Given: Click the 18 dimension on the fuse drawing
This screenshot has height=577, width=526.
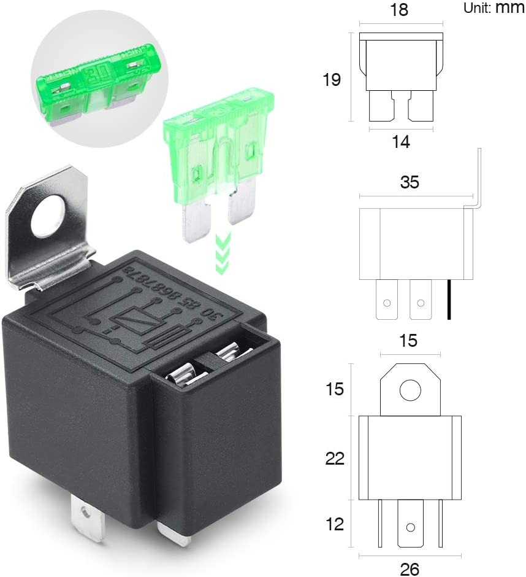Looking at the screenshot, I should click(400, 10).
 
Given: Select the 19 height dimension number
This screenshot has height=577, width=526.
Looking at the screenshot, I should click(332, 80).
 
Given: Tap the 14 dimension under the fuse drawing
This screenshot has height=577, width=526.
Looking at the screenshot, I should click(401, 142).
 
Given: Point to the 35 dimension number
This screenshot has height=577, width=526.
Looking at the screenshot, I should click(410, 182).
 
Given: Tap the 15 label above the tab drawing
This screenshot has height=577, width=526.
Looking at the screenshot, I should click(408, 341).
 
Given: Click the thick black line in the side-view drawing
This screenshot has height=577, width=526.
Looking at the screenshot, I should click(449, 300).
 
